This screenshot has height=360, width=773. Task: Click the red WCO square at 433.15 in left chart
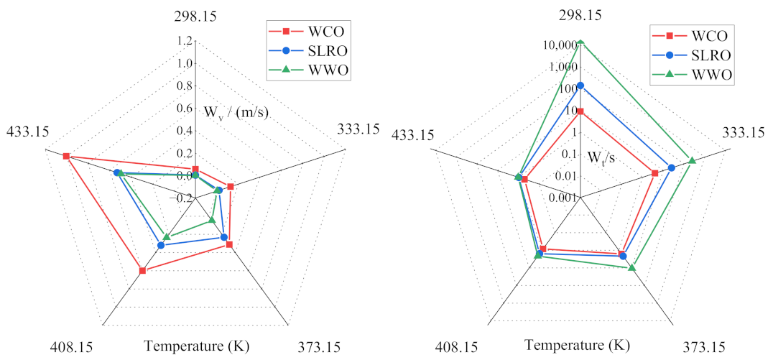[x=66, y=156]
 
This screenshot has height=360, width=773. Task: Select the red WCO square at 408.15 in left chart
[x=142, y=271]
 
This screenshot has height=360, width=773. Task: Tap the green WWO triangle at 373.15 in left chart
[x=212, y=220]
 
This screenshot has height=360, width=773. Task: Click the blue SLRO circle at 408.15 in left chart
[x=161, y=246]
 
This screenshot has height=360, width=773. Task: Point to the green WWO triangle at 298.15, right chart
[x=580, y=42]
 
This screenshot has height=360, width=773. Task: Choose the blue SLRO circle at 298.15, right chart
[x=580, y=86]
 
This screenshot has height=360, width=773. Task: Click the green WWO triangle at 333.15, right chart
[x=691, y=160]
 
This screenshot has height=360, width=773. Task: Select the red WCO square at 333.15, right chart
[x=654, y=173]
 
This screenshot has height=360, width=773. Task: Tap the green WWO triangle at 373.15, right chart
[x=631, y=268]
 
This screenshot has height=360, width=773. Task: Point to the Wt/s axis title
[x=601, y=157]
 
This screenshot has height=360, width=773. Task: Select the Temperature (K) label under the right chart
[x=577, y=345]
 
